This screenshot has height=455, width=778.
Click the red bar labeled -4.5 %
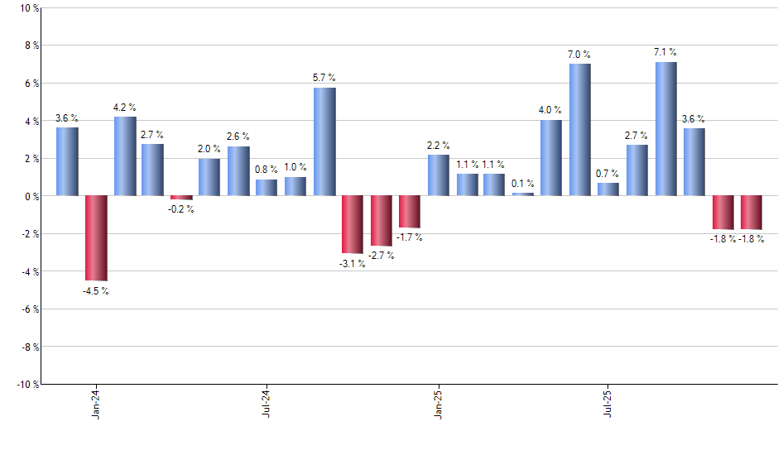coord(96,238)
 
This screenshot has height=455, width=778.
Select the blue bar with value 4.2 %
coord(125,156)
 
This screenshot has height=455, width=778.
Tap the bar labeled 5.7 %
coord(324,141)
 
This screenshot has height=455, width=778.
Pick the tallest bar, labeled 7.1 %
coord(666,129)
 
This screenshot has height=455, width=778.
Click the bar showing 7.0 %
coord(580,130)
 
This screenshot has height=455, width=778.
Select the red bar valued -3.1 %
coord(353,224)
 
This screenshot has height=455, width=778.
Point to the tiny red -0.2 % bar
coord(181,198)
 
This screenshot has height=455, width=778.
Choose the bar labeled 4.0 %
coord(551,158)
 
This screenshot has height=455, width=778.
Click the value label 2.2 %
coord(439,146)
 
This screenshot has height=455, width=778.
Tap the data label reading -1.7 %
coord(410,237)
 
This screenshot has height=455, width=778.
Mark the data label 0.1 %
coord(523,184)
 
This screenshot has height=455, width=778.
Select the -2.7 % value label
coord(382,256)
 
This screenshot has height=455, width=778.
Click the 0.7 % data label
coord(608,174)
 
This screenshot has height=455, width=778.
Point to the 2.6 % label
coord(238,137)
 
